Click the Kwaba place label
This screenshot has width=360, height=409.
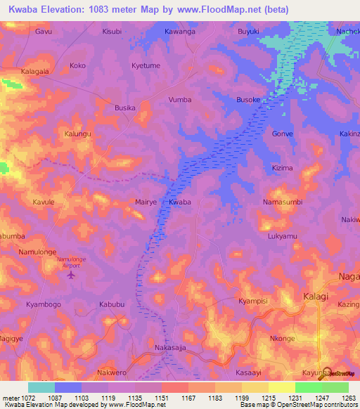[180, 202]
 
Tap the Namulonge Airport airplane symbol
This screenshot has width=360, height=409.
[70, 274]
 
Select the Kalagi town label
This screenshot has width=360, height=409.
[316, 297]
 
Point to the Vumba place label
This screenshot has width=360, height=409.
[180, 100]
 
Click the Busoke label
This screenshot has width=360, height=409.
[248, 100]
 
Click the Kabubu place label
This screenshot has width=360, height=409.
[112, 304]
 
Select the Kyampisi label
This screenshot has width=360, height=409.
[254, 301]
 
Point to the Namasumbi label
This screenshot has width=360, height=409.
[282, 202]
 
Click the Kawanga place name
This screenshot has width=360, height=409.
[180, 32]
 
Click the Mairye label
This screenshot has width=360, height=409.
[146, 202]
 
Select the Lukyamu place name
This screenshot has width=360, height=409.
[283, 237]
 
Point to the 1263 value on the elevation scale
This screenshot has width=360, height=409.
[349, 397]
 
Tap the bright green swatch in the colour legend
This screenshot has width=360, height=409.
[308, 387]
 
